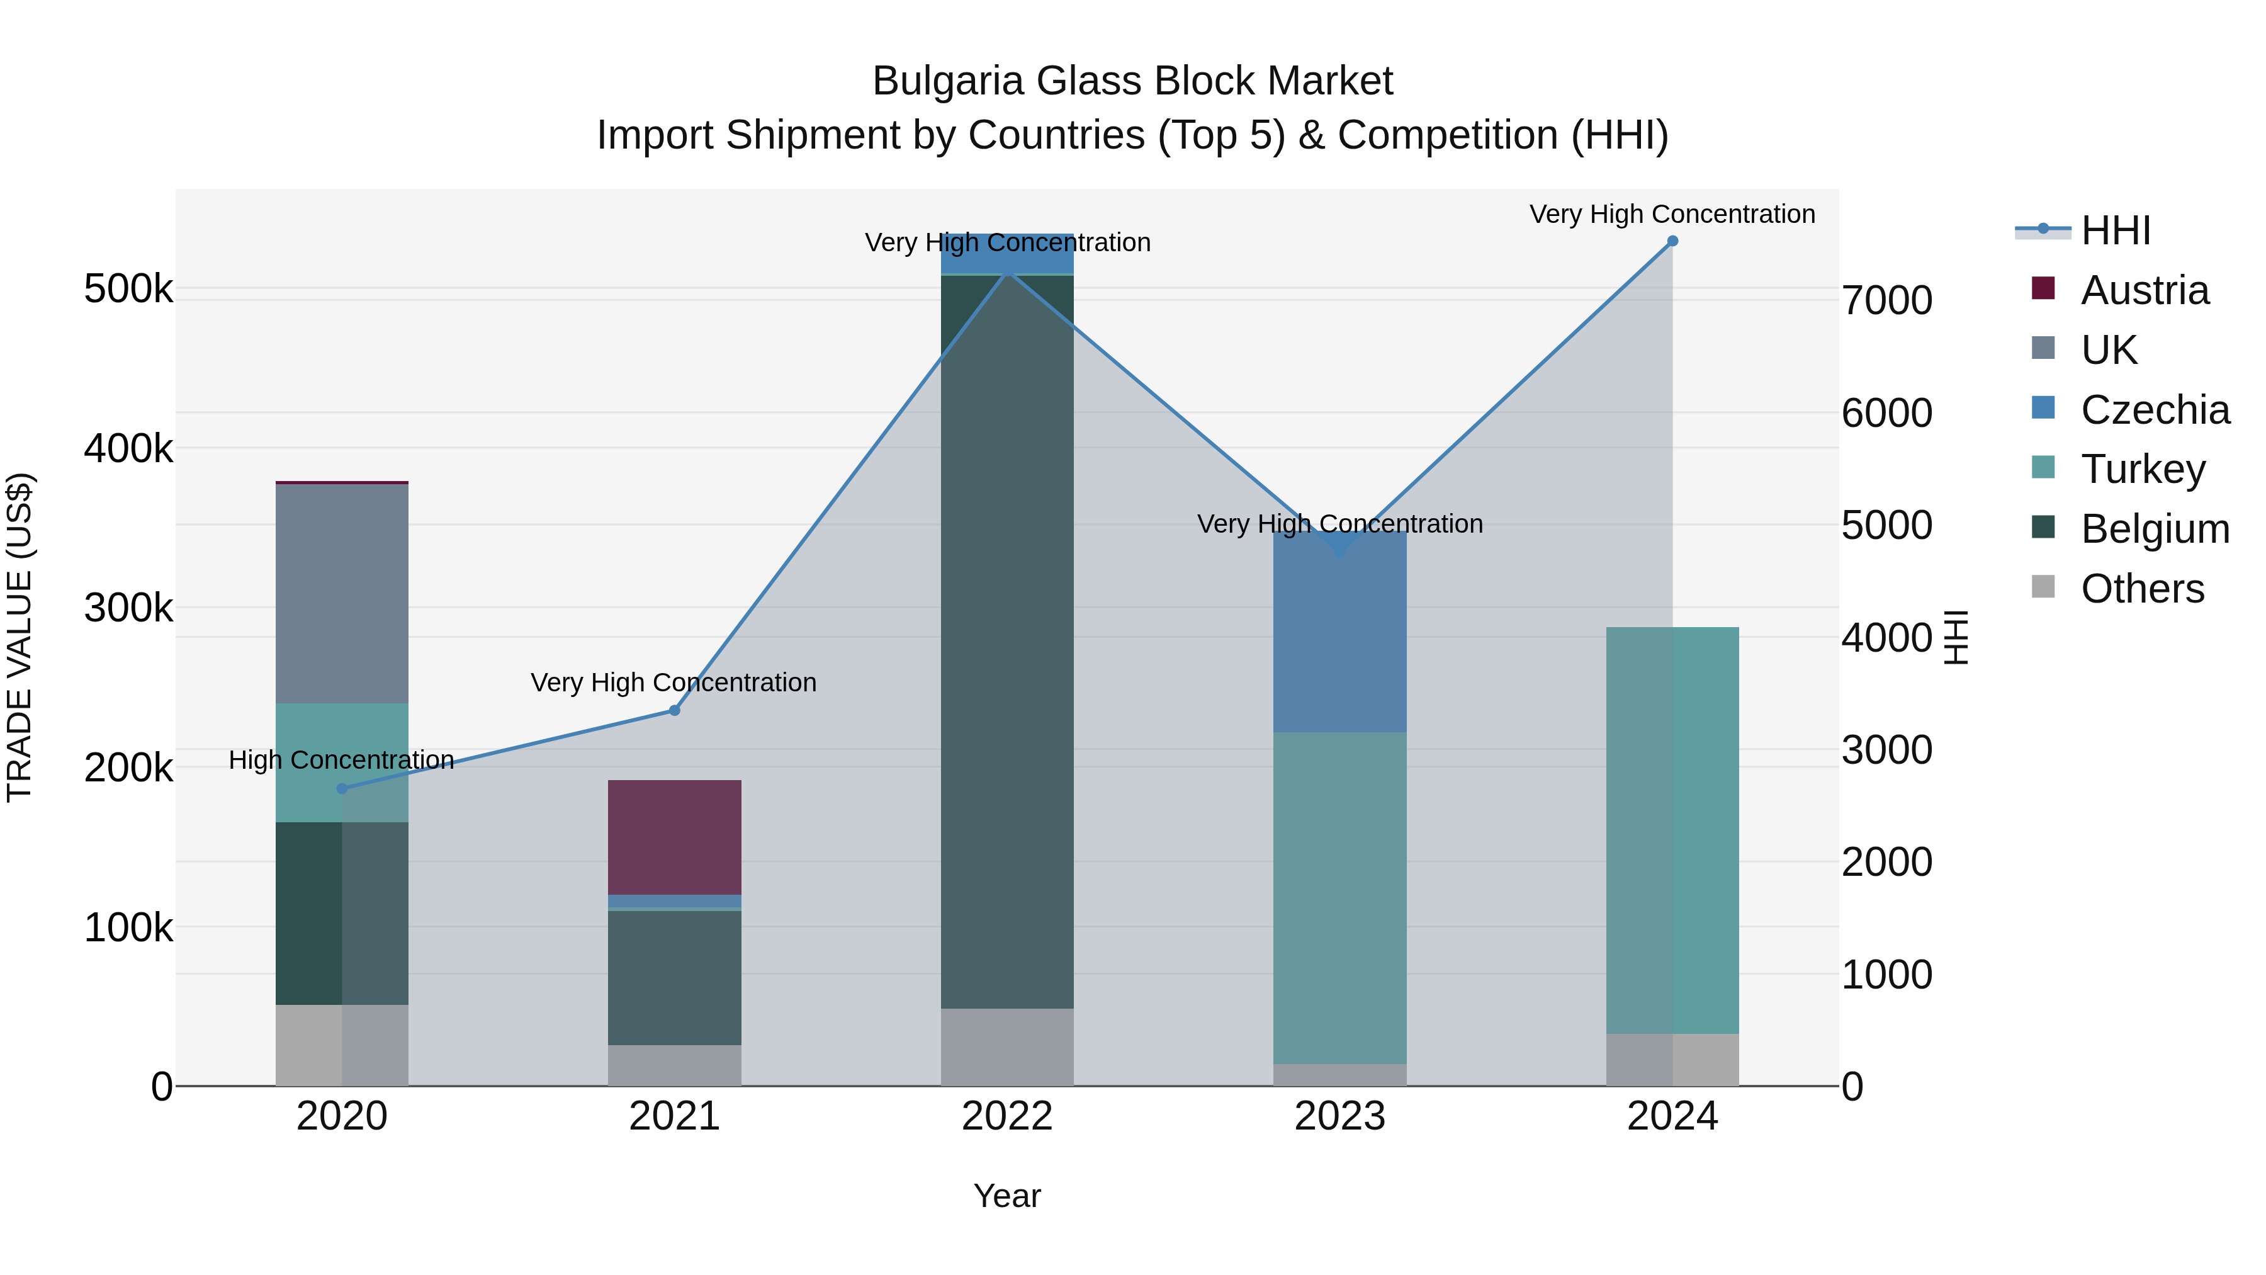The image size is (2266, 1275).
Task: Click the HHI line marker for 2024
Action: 1672,241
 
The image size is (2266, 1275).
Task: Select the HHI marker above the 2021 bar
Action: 675,710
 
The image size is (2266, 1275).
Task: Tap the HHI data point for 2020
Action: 342,788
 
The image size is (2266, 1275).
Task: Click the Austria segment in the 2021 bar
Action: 675,837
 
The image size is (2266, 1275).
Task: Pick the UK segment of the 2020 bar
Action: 342,593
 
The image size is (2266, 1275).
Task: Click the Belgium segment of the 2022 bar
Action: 1007,642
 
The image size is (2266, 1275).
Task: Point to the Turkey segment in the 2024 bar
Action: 1672,830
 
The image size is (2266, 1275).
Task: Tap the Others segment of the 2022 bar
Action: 1007,1046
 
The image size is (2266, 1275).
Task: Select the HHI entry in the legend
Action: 2115,230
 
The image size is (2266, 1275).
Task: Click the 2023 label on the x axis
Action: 1339,1116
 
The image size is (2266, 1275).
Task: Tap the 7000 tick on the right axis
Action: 1887,301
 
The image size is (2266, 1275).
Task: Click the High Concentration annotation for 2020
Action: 341,760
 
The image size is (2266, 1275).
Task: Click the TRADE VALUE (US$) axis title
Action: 20,637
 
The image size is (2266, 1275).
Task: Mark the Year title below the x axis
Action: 1006,1196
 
